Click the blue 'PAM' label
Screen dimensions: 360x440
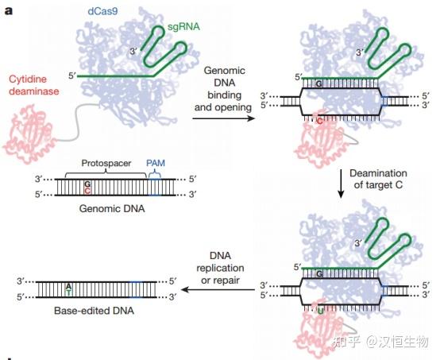pos(156,161)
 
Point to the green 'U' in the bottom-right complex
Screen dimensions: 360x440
pos(319,310)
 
